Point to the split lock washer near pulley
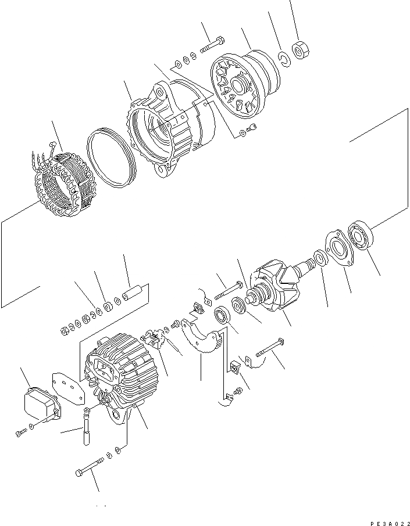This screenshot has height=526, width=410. pos(283,58)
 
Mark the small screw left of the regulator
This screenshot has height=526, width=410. pos(21,433)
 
